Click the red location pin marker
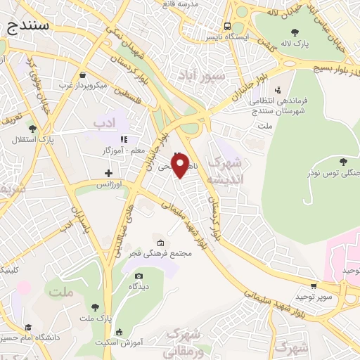[179, 166]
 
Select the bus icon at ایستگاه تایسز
[227, 23]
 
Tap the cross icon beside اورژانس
[108, 172]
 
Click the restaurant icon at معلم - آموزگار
[124, 140]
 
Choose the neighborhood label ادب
[103, 123]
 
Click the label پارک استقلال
[28, 139]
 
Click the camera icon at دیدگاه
[139, 276]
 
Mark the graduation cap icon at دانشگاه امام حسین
[29, 327]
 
